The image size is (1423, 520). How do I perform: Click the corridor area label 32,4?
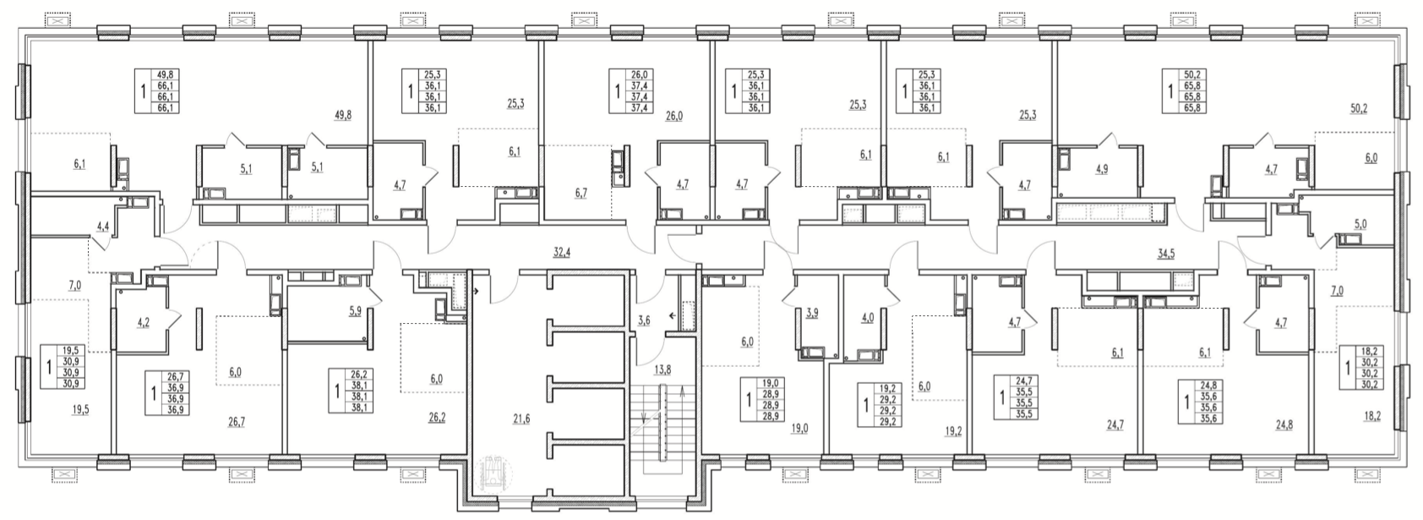tap(562, 252)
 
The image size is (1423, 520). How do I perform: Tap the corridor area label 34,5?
tap(1166, 254)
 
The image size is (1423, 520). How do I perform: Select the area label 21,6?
tap(521, 419)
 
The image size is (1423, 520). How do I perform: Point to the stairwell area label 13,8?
tap(662, 369)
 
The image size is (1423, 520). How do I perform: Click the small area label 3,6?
tap(644, 320)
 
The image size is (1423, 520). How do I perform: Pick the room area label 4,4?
tap(103, 225)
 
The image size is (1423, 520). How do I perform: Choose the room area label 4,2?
tap(144, 321)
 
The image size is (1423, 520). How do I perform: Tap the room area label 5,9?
tap(354, 311)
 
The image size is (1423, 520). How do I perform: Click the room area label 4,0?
tap(868, 318)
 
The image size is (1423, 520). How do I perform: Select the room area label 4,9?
tap(1101, 169)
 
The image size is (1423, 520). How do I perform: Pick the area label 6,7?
tap(581, 194)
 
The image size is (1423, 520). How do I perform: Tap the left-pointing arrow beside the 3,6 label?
tap(672, 315)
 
